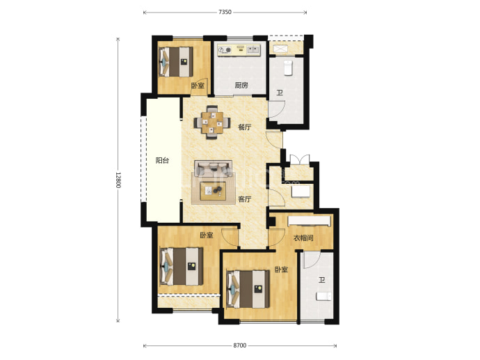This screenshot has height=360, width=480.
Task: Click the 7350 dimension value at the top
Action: tap(225, 13)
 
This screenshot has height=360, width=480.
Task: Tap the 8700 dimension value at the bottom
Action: tap(240, 345)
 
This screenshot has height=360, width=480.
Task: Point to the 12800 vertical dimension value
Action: tap(118, 180)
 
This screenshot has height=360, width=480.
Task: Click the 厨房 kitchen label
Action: tap(241, 85)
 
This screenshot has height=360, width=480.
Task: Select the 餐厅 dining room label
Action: tap(245, 127)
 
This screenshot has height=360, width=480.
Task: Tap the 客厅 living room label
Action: tap(245, 199)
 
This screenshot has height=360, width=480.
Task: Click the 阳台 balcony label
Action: tap(162, 160)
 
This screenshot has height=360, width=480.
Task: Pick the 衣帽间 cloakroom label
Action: tap(303, 237)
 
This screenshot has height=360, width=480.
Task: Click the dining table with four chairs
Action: tap(212, 123)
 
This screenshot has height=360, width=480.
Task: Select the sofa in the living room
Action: tap(213, 168)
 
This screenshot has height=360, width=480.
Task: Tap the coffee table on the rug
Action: tap(213, 191)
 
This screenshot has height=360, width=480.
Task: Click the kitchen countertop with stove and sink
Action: tap(239, 50)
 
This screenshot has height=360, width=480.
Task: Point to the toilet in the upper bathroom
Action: tap(289, 68)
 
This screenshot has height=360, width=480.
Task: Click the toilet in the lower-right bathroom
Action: tap(323, 296)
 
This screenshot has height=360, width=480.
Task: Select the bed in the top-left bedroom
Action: tap(176, 61)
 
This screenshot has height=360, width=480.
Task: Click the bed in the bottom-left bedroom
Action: tap(182, 266)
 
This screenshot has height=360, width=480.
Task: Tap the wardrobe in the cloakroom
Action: tap(310, 221)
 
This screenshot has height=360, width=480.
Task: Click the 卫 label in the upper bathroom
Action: tap(280, 93)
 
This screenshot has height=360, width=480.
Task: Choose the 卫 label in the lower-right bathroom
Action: tap(321, 280)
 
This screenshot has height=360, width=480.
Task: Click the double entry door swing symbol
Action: tap(300, 160)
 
